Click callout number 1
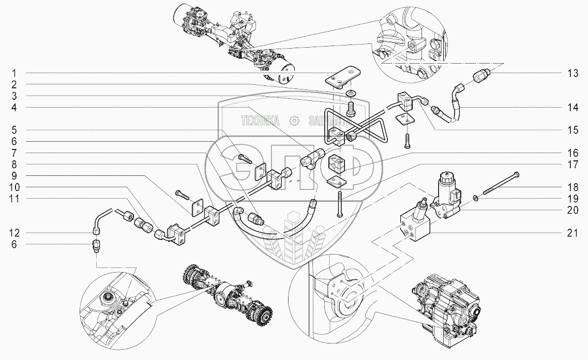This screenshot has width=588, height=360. point(15,72)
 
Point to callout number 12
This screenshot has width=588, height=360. point(15,233)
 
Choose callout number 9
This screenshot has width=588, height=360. point(15,176)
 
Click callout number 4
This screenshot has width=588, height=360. point(15,107)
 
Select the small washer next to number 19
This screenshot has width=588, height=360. point(474,196)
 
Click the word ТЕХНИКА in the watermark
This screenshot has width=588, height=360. point(260,121)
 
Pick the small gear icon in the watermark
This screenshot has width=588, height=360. point(294,121)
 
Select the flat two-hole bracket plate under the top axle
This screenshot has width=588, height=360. point(342,76)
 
